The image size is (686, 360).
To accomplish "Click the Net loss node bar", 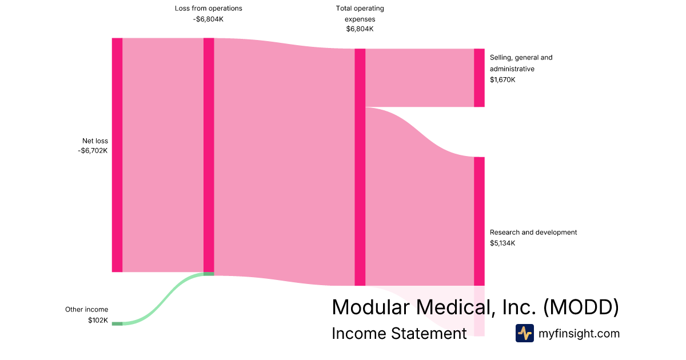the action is pyautogui.click(x=117, y=155).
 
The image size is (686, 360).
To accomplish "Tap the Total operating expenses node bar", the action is pyautogui.click(x=360, y=167).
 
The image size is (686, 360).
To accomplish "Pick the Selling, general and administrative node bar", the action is pyautogui.click(x=479, y=78).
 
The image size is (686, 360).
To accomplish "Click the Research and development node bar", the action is pyautogui.click(x=479, y=221).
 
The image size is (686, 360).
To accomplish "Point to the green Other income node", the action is pyautogui.click(x=117, y=323).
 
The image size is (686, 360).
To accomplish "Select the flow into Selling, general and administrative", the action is pyautogui.click(x=420, y=78).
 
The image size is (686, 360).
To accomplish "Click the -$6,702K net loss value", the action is pyautogui.click(x=93, y=151).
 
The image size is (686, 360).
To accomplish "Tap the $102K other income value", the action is pyautogui.click(x=98, y=320).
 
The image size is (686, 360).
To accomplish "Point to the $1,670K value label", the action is pyautogui.click(x=502, y=80).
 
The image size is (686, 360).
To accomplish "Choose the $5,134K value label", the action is pyautogui.click(x=502, y=243).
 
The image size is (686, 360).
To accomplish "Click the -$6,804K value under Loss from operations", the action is pyautogui.click(x=208, y=19).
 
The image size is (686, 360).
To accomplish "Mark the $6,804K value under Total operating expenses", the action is pyautogui.click(x=360, y=29).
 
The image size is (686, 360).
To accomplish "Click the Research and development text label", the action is pyautogui.click(x=533, y=233).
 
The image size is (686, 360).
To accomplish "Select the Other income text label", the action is pyautogui.click(x=87, y=310).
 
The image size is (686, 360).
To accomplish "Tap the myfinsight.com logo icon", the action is pyautogui.click(x=525, y=333).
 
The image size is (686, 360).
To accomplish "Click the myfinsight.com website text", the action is pyautogui.click(x=579, y=333).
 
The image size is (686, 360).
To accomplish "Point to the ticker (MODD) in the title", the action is pyautogui.click(x=581, y=307).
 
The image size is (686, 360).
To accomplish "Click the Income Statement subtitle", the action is pyautogui.click(x=400, y=333).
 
